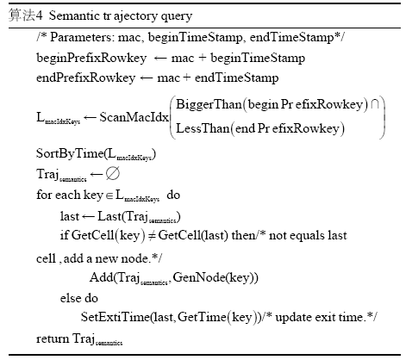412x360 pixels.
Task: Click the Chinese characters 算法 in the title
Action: [22, 16]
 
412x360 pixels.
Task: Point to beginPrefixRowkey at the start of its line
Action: [91, 59]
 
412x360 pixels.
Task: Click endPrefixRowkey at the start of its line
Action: [85, 78]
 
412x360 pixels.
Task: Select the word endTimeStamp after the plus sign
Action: [236, 78]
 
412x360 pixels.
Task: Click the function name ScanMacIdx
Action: [134, 117]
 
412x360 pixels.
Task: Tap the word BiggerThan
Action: [209, 104]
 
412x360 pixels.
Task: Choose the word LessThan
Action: [203, 128]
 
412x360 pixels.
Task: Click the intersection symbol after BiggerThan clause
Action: [375, 104]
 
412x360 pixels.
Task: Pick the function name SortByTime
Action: [70, 153]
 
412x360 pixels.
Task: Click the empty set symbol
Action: [112, 174]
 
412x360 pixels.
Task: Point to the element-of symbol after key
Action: [109, 196]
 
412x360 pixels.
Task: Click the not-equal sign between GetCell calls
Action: [152, 236]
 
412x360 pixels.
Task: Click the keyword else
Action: [71, 298]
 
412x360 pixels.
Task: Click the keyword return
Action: [53, 339]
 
